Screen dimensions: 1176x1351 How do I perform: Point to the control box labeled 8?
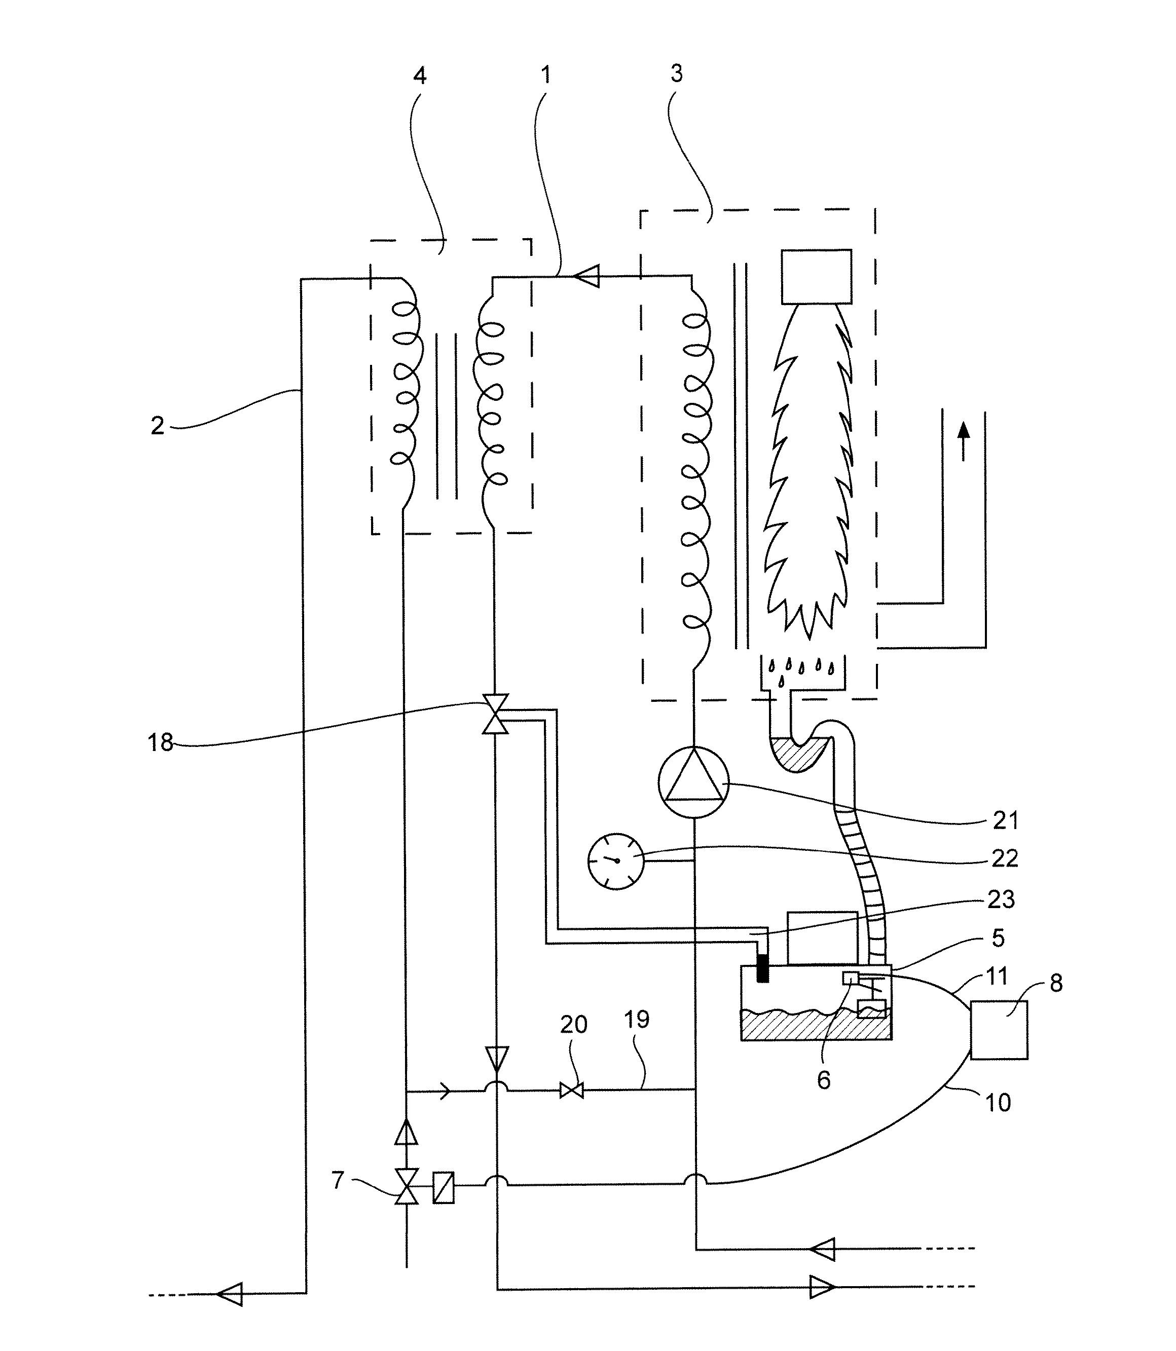tap(999, 1030)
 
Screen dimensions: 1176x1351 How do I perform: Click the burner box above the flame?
tap(817, 277)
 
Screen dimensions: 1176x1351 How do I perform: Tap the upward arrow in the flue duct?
tap(964, 441)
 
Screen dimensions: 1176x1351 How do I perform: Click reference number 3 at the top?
tap(677, 73)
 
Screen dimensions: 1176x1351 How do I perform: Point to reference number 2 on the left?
tap(158, 426)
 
